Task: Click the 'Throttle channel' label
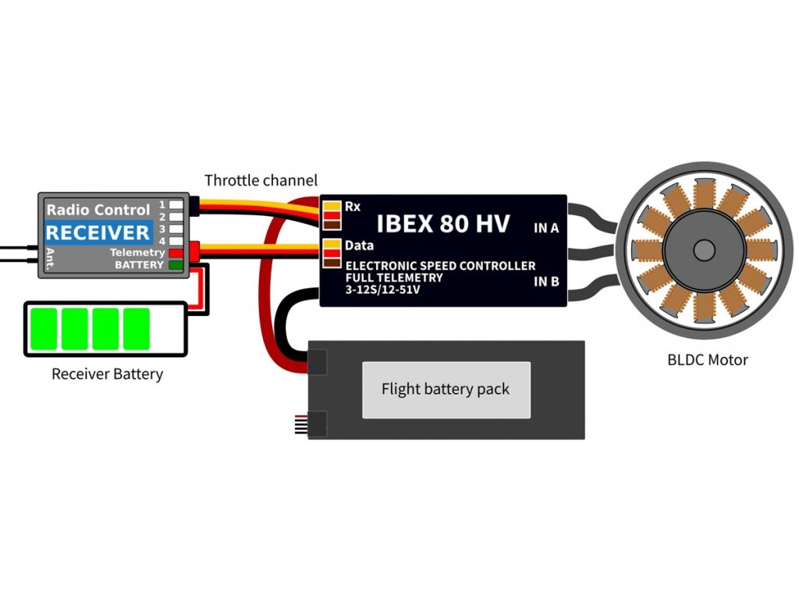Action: tap(261, 181)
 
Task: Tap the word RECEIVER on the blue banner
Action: tap(98, 232)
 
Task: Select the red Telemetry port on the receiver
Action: tap(176, 253)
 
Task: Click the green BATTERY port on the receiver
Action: tap(176, 265)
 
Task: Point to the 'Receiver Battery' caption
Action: tap(107, 374)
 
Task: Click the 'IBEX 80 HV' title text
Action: tap(443, 224)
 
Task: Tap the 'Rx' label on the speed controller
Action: tap(353, 207)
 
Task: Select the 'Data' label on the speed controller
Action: tap(358, 245)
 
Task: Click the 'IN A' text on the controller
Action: tap(546, 229)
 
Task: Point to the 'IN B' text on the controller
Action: tap(546, 282)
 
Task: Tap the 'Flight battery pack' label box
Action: tap(446, 388)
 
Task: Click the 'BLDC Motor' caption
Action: tap(708, 360)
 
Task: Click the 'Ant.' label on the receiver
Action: tap(49, 257)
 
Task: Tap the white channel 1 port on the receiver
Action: tap(176, 204)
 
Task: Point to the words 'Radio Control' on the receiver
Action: tap(98, 210)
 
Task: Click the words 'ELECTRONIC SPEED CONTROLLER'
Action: tap(440, 266)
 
